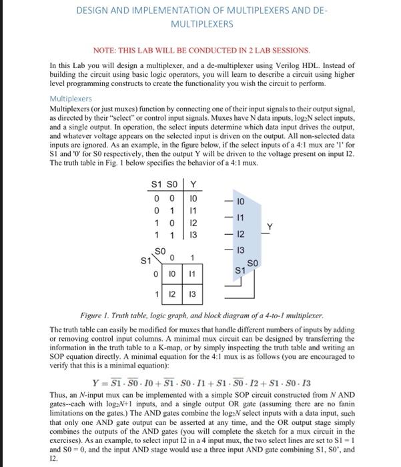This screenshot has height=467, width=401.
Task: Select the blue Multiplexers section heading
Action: coord(72,97)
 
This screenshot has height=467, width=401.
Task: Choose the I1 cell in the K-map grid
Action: coord(191,273)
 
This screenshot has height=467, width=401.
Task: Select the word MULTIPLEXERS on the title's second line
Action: coord(202,23)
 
